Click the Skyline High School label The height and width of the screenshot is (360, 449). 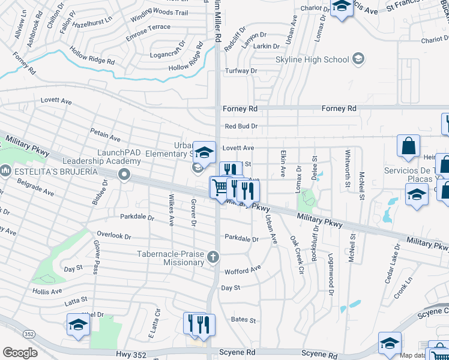312,59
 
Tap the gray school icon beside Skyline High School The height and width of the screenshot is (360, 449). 358,59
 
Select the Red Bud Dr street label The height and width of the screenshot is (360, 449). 241,127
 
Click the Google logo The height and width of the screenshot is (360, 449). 19,352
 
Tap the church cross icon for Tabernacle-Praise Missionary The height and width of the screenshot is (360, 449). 212,258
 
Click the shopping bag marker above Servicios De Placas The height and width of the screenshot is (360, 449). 408,146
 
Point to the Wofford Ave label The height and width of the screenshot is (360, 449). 243,271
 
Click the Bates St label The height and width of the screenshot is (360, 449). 244,320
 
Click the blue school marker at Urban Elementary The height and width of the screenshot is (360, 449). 204,152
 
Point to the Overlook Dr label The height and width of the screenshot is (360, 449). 109,236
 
